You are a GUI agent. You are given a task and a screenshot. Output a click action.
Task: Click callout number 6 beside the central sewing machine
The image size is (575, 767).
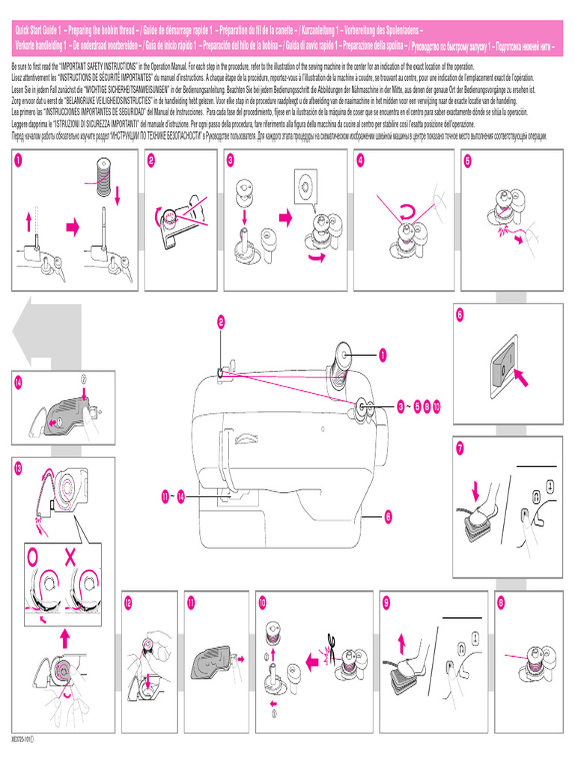tap(389, 515)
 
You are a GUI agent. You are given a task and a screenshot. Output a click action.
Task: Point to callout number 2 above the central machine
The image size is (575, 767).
tap(222, 324)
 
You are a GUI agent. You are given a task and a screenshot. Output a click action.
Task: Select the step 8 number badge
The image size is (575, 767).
tap(500, 601)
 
